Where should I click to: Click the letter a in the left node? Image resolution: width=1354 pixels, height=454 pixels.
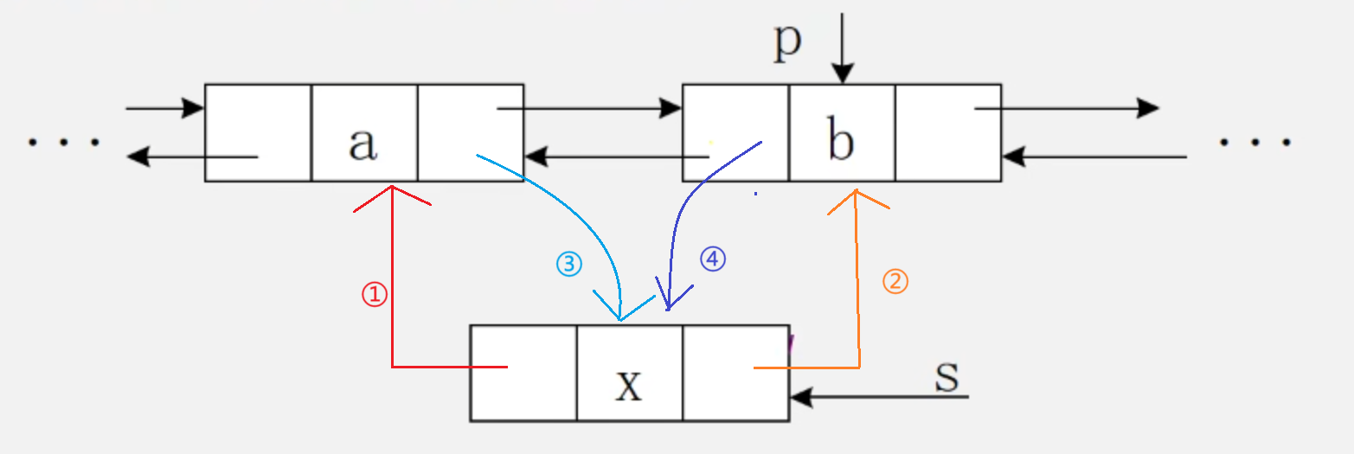click(x=363, y=144)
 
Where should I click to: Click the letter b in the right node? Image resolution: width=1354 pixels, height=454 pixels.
click(x=840, y=143)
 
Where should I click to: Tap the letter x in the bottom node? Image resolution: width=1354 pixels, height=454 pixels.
click(x=629, y=384)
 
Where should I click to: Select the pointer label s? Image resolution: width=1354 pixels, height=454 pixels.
click(x=947, y=377)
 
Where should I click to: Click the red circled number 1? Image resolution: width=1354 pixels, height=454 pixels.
click(x=373, y=295)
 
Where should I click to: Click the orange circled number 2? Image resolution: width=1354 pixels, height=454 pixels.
click(x=895, y=281)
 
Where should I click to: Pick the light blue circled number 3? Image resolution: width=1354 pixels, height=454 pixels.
click(x=568, y=264)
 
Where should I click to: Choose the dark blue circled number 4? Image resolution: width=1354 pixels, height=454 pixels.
click(x=712, y=259)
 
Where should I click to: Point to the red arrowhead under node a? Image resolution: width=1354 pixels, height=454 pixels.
click(x=393, y=192)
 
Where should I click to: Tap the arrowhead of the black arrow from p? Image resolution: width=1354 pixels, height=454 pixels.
click(x=842, y=74)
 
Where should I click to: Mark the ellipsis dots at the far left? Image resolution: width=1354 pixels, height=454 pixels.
click(x=63, y=142)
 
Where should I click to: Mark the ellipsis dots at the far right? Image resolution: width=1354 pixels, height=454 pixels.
click(x=1255, y=142)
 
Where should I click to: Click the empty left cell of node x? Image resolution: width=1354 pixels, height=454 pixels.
click(x=523, y=374)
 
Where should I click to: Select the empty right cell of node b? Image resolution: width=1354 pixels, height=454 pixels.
click(x=948, y=132)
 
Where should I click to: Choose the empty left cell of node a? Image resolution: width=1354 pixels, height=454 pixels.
click(x=258, y=132)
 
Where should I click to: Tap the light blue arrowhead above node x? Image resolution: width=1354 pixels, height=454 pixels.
click(x=620, y=314)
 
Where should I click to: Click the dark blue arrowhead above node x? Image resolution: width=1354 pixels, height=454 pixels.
click(x=667, y=304)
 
